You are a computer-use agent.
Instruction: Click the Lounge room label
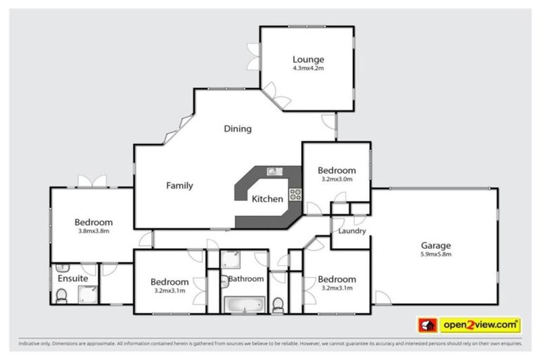point(308,59)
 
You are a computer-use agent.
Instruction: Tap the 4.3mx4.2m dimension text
point(308,69)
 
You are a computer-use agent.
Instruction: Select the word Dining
point(238,129)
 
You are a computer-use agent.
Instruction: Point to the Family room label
point(179,186)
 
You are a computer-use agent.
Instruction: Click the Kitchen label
point(267,199)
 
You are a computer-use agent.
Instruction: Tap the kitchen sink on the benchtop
point(272,171)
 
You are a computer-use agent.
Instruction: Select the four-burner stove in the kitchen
point(295,196)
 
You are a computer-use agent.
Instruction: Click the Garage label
point(436,245)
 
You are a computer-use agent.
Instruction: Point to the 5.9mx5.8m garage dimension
point(436,255)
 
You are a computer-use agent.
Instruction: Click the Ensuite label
point(72,278)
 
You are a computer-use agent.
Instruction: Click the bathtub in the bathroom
point(243,304)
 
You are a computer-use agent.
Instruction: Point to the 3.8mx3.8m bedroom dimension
point(94,231)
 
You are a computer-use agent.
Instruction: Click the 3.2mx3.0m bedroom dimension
point(336,179)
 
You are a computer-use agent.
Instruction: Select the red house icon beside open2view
point(427,326)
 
